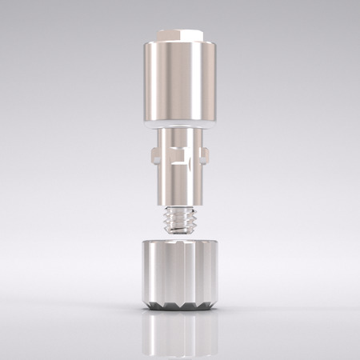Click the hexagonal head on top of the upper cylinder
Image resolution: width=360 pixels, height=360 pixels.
180,34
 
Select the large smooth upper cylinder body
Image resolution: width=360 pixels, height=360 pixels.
180,80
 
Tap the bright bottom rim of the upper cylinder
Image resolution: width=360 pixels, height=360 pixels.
180,122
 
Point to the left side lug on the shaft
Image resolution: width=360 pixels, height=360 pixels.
153,154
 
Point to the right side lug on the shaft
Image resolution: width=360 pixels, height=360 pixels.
208,154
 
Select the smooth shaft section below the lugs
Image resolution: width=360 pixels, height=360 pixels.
180,186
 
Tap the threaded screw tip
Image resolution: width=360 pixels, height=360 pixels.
180,217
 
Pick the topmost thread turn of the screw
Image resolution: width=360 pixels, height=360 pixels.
180,208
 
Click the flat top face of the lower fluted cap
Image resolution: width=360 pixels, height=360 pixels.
180,242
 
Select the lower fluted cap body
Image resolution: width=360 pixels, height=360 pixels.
180,272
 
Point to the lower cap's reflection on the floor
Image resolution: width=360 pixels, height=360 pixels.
180,332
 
